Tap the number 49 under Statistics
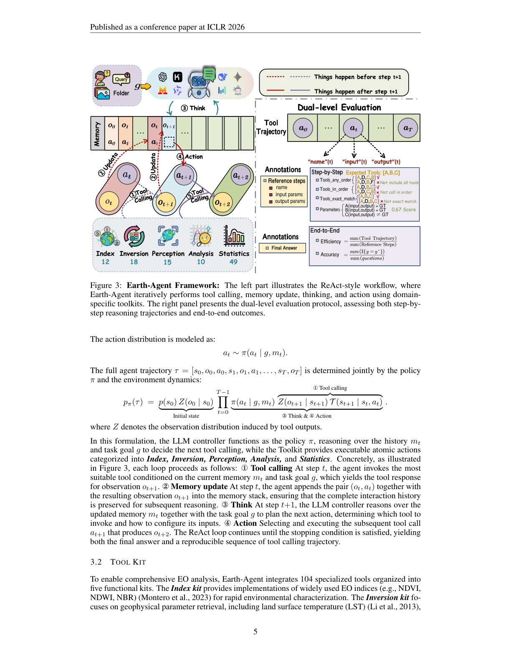tap(233, 262)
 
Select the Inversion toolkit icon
tap(134, 237)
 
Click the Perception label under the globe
tap(168, 254)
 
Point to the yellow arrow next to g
tap(146, 86)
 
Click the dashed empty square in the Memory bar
tap(169, 142)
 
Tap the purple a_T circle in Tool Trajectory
tap(407, 128)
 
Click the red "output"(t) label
tap(386, 162)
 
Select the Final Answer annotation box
tap(283, 248)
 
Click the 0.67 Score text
tap(403, 209)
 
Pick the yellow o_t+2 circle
tap(222, 203)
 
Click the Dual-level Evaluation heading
tap(339, 107)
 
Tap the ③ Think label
tap(193, 108)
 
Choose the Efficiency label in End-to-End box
tap(330, 241)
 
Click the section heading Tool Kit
tap(128, 562)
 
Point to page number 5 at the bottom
tap(255, 631)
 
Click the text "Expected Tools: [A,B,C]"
tap(373, 172)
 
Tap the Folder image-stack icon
tap(102, 93)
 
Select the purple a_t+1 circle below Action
tap(184, 176)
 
